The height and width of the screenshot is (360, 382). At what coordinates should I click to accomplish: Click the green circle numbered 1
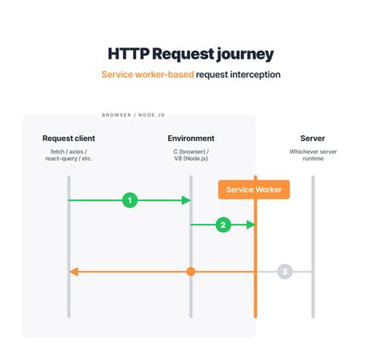(x=130, y=201)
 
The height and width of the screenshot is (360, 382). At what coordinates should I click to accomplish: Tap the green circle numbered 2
(x=223, y=225)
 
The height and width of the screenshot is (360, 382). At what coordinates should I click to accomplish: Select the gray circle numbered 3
(x=284, y=271)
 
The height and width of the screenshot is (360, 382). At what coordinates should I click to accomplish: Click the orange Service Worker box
(x=254, y=189)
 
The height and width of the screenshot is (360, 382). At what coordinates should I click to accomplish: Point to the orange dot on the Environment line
(x=191, y=271)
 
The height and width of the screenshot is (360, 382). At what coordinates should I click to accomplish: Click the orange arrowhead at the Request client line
(x=73, y=271)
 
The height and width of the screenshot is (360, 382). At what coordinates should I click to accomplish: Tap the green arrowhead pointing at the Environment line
(x=186, y=201)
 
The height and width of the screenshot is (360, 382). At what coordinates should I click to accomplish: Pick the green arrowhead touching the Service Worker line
(x=251, y=225)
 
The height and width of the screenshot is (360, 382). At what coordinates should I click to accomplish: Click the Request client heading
(x=69, y=139)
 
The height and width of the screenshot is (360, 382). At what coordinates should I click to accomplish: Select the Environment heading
(x=191, y=139)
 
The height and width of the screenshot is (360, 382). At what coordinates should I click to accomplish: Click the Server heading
(x=313, y=139)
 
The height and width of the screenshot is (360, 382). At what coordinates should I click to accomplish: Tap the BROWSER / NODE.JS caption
(x=133, y=115)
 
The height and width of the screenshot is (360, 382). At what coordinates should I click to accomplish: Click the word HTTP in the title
(x=128, y=54)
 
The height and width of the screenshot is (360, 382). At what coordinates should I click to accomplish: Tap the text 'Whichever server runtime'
(x=313, y=155)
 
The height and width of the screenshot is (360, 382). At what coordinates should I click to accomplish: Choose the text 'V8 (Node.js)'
(x=191, y=159)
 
